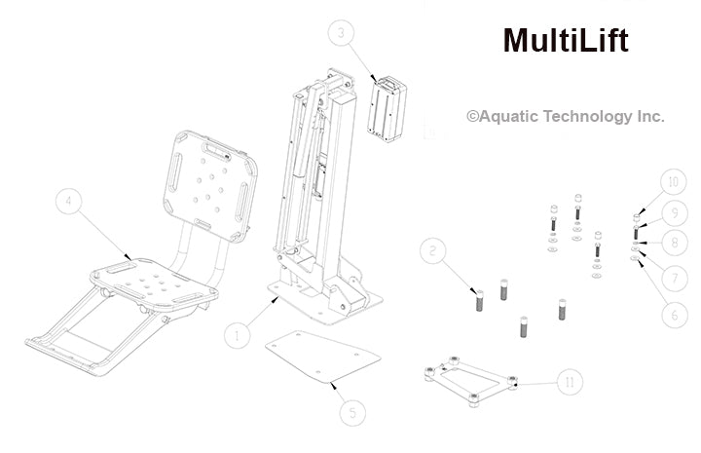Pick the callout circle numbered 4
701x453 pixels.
click(69, 203)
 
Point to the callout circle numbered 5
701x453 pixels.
click(354, 412)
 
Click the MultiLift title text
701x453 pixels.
click(565, 41)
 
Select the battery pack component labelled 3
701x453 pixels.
click(387, 108)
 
